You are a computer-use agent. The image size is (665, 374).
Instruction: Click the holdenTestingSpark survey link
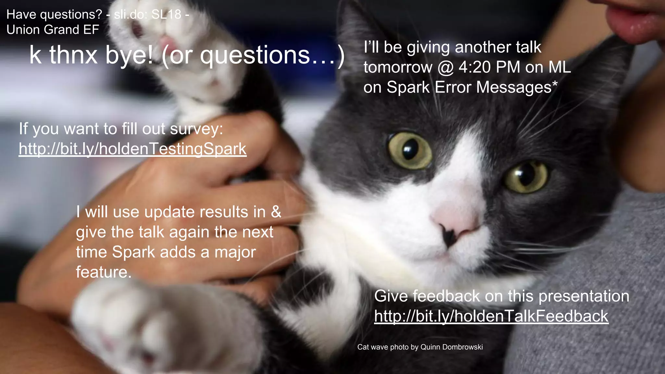[132, 149]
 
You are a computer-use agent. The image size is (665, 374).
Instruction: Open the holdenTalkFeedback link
[491, 316]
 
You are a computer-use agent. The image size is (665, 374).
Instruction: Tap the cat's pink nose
[455, 221]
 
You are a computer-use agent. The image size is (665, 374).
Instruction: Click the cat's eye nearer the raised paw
[410, 150]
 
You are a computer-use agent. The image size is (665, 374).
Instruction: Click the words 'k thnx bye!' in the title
[91, 55]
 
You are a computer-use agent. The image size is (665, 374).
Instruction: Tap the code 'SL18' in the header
[166, 15]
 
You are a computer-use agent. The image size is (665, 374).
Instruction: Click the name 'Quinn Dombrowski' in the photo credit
[451, 347]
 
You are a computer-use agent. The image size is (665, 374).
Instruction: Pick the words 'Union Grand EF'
[53, 30]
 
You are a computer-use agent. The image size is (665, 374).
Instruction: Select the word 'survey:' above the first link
[196, 129]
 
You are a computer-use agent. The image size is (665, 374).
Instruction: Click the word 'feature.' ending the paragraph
[104, 272]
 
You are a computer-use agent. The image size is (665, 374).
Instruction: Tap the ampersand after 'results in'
[276, 212]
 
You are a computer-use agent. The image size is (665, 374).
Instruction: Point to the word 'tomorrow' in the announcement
[398, 68]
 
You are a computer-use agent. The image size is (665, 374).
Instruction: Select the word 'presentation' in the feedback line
[584, 296]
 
